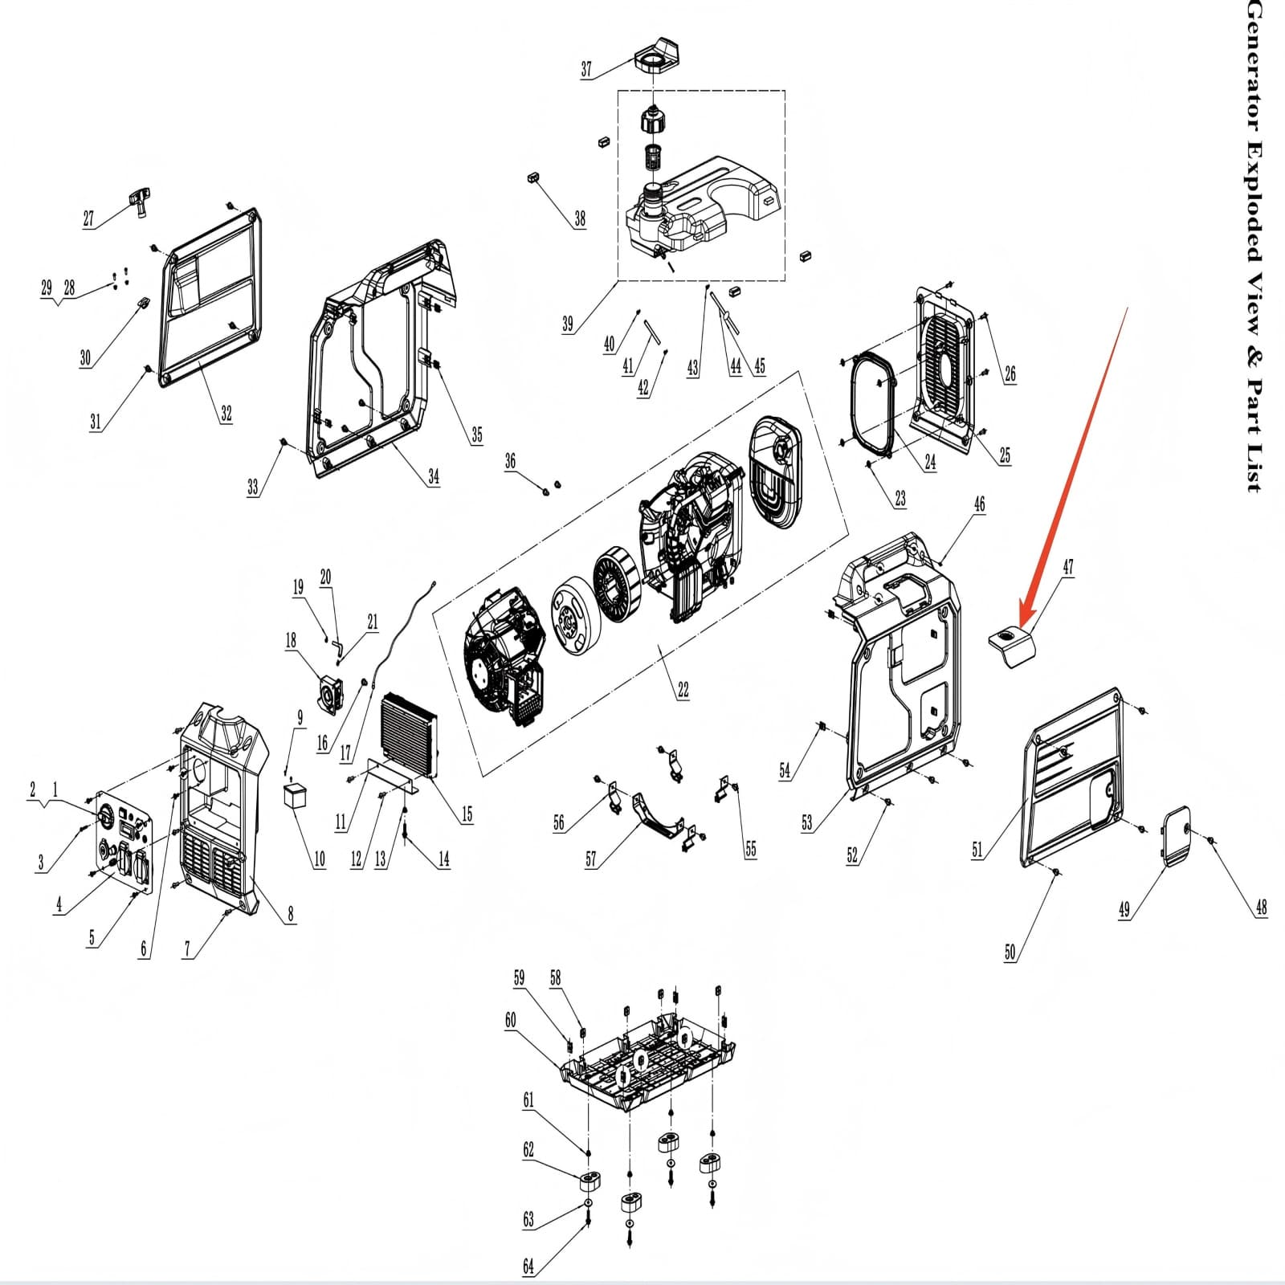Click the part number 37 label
click(586, 69)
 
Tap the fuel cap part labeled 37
click(658, 56)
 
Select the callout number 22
click(683, 690)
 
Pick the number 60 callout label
click(511, 1020)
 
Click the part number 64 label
click(528, 1267)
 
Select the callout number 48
click(1261, 908)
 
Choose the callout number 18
click(291, 640)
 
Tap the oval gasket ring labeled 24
click(868, 402)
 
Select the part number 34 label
click(434, 476)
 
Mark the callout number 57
click(591, 860)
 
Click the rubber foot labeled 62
click(592, 1180)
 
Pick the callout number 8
click(291, 913)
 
